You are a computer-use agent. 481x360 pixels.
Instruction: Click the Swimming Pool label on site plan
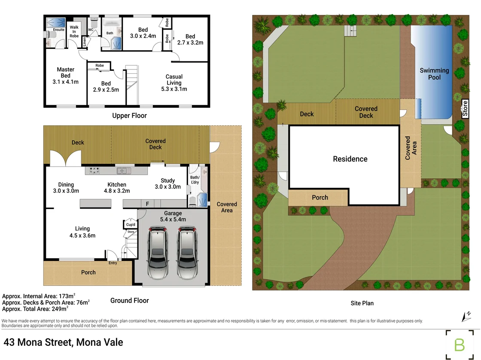coord(434,74)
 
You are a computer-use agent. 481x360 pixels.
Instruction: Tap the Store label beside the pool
coord(465,109)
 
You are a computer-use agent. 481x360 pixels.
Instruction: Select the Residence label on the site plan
coord(350,159)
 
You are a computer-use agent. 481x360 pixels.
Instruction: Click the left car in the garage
coord(158,253)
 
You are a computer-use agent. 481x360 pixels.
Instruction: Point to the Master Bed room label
coord(66,76)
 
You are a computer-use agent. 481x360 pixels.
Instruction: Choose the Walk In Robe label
coord(74,32)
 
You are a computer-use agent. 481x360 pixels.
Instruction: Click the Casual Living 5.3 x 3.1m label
coord(174,83)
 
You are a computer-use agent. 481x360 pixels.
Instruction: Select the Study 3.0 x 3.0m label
coord(167,184)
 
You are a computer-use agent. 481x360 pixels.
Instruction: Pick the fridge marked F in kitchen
coord(147,204)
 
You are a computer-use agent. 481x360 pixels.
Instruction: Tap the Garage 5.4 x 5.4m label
coord(173,216)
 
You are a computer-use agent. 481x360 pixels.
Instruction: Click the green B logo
coord(460,345)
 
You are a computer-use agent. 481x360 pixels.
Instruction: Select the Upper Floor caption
coord(129,115)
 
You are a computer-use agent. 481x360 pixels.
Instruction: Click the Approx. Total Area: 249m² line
coord(35,308)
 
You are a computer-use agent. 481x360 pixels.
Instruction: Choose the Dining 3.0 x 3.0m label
coord(66,188)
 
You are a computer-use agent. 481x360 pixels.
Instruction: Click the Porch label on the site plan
coord(320,198)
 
